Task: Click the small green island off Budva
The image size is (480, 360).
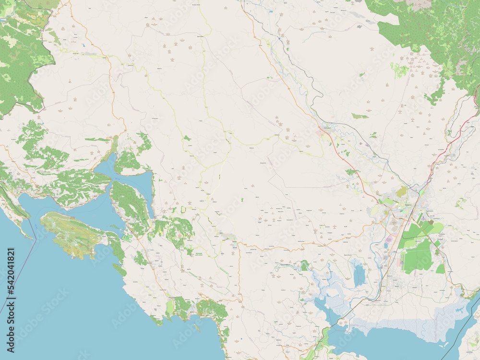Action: pyautogui.click(x=197, y=328)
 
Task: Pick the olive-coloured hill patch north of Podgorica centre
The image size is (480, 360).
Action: pyautogui.click(x=402, y=191)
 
